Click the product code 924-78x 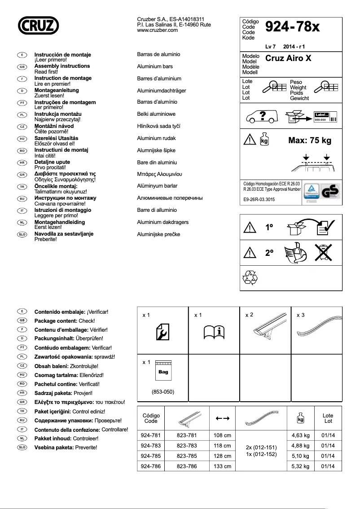292,27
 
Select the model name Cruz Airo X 288,58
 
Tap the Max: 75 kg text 309,140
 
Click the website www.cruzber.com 157,31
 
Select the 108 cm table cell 222,435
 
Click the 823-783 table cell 186,446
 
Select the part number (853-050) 163,392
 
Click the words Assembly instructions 62,66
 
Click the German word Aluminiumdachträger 161,91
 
